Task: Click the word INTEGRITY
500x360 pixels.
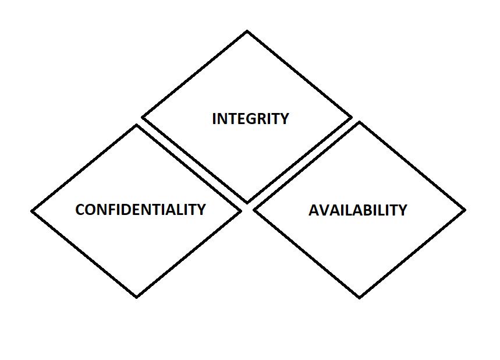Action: click(250, 119)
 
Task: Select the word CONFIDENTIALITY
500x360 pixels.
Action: click(140, 210)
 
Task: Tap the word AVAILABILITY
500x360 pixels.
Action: click(357, 210)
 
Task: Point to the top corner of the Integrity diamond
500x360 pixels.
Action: click(247, 31)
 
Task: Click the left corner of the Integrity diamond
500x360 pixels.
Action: click(143, 118)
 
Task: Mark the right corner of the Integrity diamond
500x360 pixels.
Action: click(351, 118)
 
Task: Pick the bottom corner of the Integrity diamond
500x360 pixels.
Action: click(247, 202)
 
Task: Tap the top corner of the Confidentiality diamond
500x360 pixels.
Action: click(137, 125)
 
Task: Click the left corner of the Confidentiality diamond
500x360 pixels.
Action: click(32, 211)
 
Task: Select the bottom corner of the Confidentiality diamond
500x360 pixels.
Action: click(137, 297)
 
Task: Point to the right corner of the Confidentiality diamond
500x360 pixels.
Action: click(240, 211)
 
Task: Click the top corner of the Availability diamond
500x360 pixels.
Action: click(359, 123)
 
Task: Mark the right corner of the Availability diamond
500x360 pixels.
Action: click(464, 210)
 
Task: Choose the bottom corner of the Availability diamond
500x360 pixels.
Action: click(359, 297)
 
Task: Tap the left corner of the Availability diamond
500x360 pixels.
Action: click(255, 210)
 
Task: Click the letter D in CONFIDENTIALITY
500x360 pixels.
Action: click(128, 210)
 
